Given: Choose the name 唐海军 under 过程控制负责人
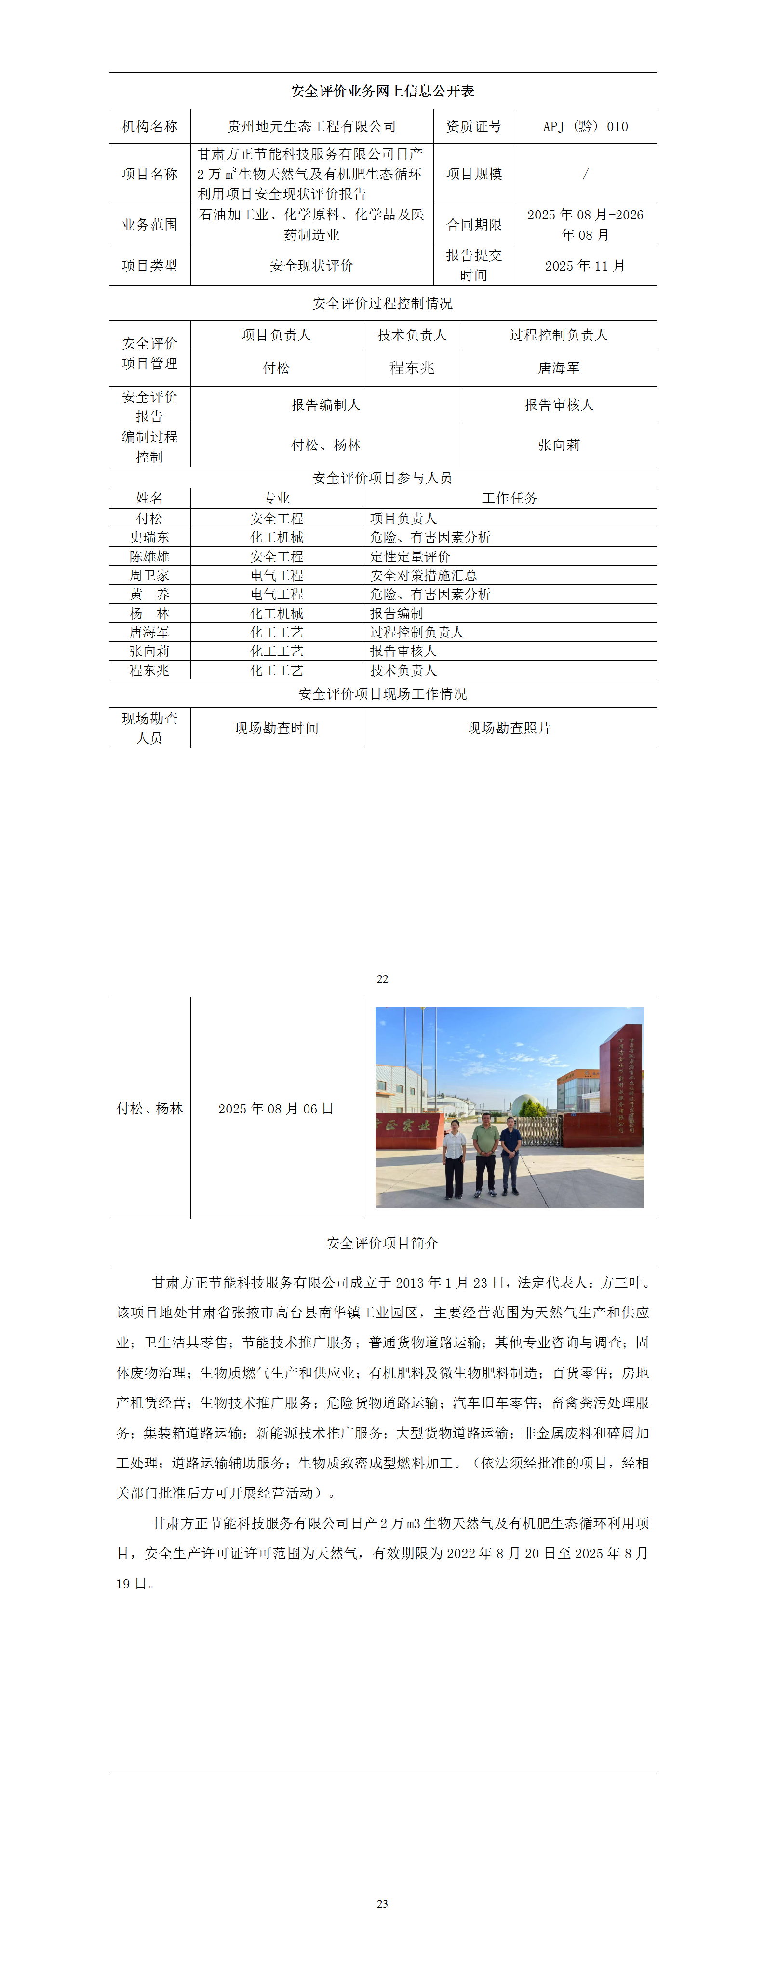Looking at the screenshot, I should pos(558,368).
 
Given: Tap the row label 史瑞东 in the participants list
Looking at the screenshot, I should pos(149,537).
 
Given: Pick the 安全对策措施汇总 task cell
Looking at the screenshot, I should pos(423,575).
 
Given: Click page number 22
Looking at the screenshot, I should pos(383,978).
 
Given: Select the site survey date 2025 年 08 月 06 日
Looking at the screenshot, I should pos(276,1108).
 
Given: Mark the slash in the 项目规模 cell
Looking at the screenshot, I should pos(585,174).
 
